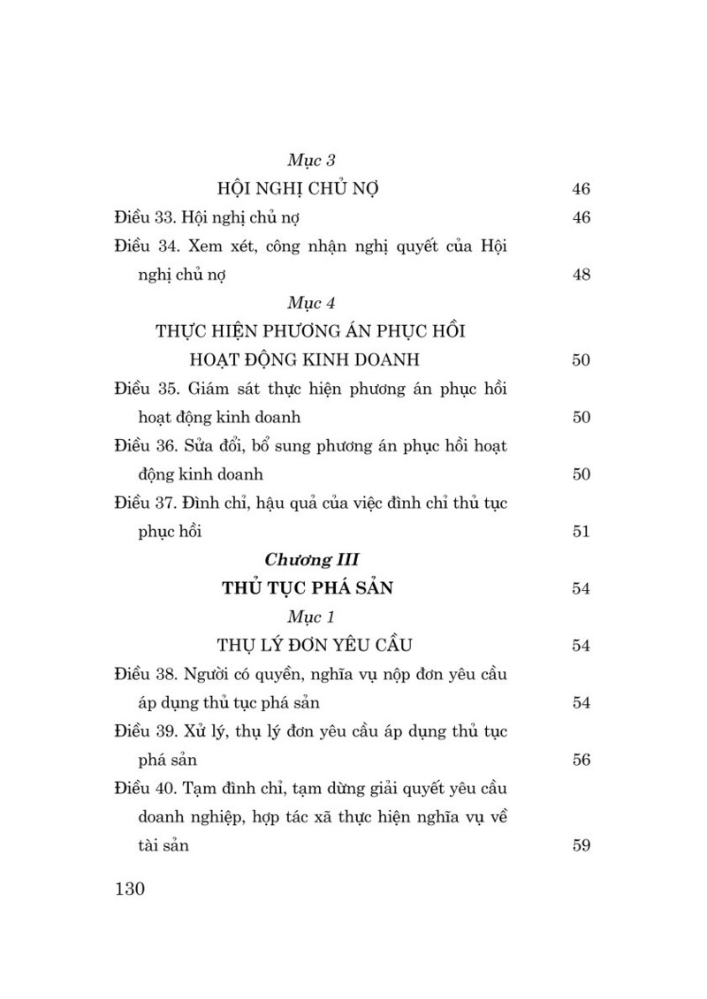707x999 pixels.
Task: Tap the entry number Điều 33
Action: click(x=147, y=217)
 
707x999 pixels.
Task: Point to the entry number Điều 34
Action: click(x=147, y=246)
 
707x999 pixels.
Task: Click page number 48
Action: click(x=581, y=274)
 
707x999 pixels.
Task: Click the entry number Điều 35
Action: click(x=147, y=389)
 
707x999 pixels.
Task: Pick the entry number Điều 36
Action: click(x=147, y=446)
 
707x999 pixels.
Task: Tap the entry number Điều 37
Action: click(x=147, y=503)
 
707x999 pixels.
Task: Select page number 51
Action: click(x=581, y=531)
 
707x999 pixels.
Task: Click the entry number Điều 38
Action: click(x=147, y=674)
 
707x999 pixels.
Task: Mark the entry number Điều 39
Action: click(x=147, y=731)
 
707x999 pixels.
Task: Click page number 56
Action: click(x=581, y=760)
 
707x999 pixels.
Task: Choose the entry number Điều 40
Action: click(x=147, y=788)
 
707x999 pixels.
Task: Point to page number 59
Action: click(x=581, y=845)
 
